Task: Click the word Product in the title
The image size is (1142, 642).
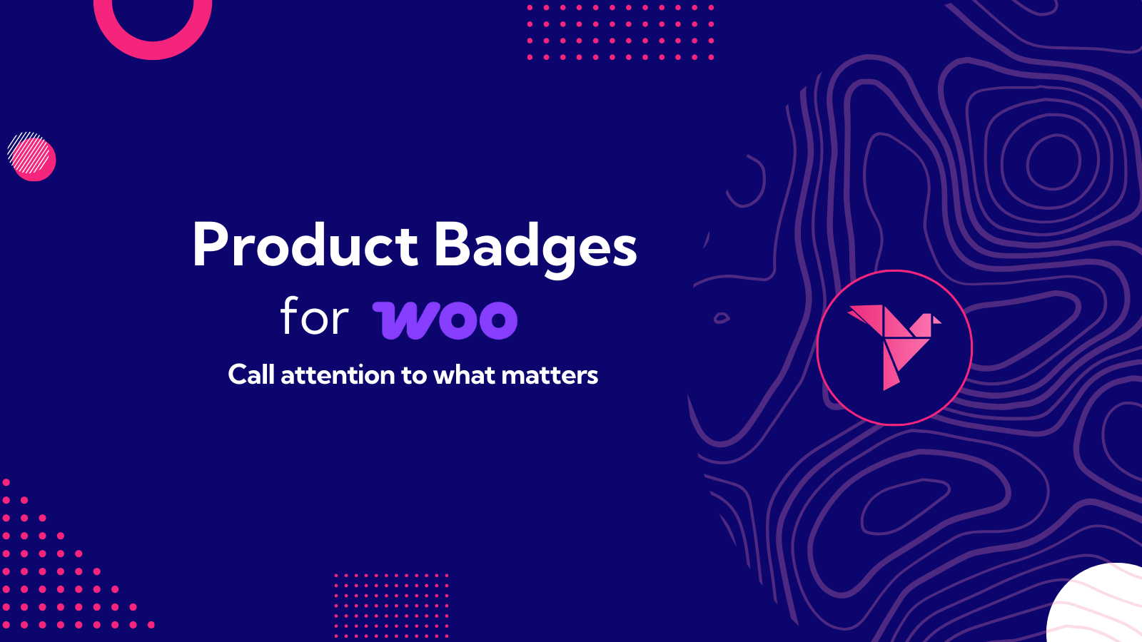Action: click(305, 245)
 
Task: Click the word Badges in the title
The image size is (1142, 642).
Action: click(535, 247)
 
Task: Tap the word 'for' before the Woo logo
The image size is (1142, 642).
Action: click(314, 317)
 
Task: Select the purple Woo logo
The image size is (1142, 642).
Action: click(445, 320)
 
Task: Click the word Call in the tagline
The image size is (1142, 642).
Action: click(251, 374)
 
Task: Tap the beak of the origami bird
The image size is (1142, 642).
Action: click(936, 320)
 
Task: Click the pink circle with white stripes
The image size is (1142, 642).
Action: click(31, 156)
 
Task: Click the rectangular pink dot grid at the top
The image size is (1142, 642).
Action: click(620, 32)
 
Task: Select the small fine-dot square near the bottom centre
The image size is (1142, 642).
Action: click(391, 605)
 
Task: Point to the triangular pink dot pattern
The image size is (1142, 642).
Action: click(43, 578)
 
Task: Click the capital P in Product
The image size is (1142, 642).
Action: click(210, 245)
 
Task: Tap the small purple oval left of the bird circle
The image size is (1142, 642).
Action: click(722, 317)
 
